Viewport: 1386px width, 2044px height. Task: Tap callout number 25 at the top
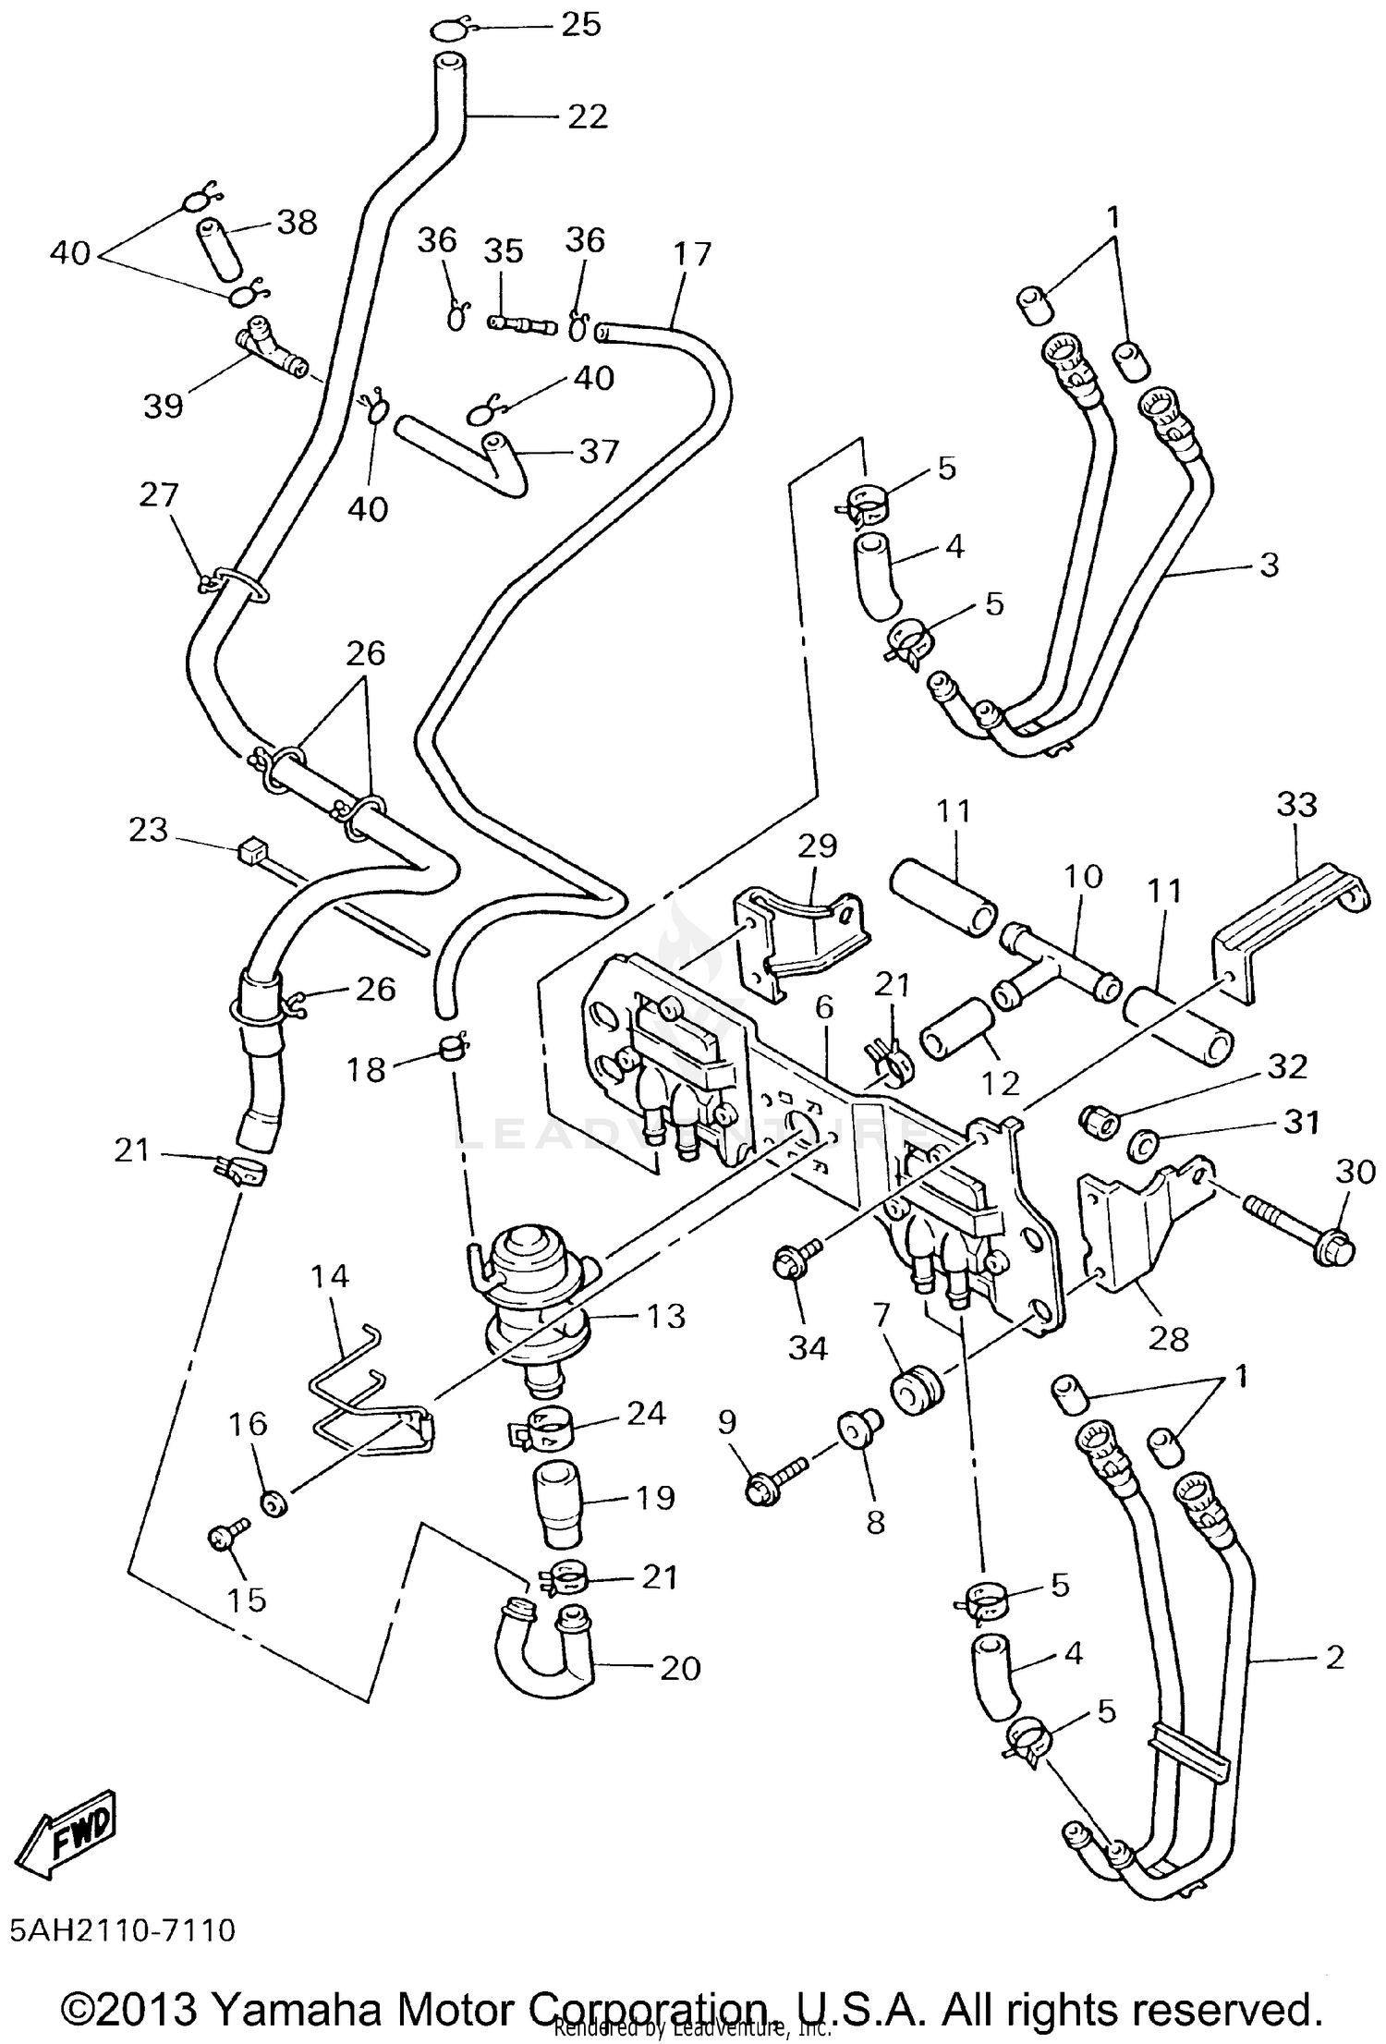pos(581,25)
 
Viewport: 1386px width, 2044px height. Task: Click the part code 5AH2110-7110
pos(123,1929)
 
